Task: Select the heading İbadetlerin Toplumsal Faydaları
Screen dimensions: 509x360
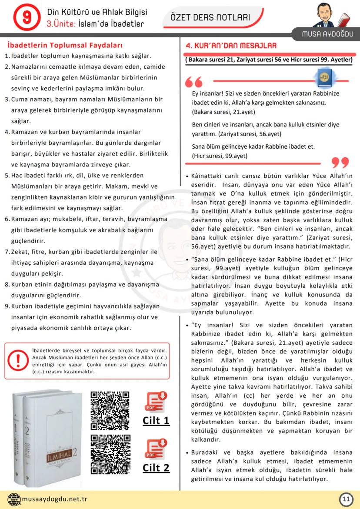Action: (x=65, y=45)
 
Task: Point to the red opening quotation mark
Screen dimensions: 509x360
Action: (x=194, y=83)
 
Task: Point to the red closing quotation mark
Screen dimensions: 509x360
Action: (x=340, y=163)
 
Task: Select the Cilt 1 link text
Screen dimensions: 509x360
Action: (x=156, y=421)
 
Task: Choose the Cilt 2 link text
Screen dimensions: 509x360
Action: (x=156, y=468)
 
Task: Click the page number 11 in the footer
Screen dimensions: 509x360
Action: (x=346, y=499)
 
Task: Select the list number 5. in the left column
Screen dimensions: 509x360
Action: (x=7, y=176)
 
